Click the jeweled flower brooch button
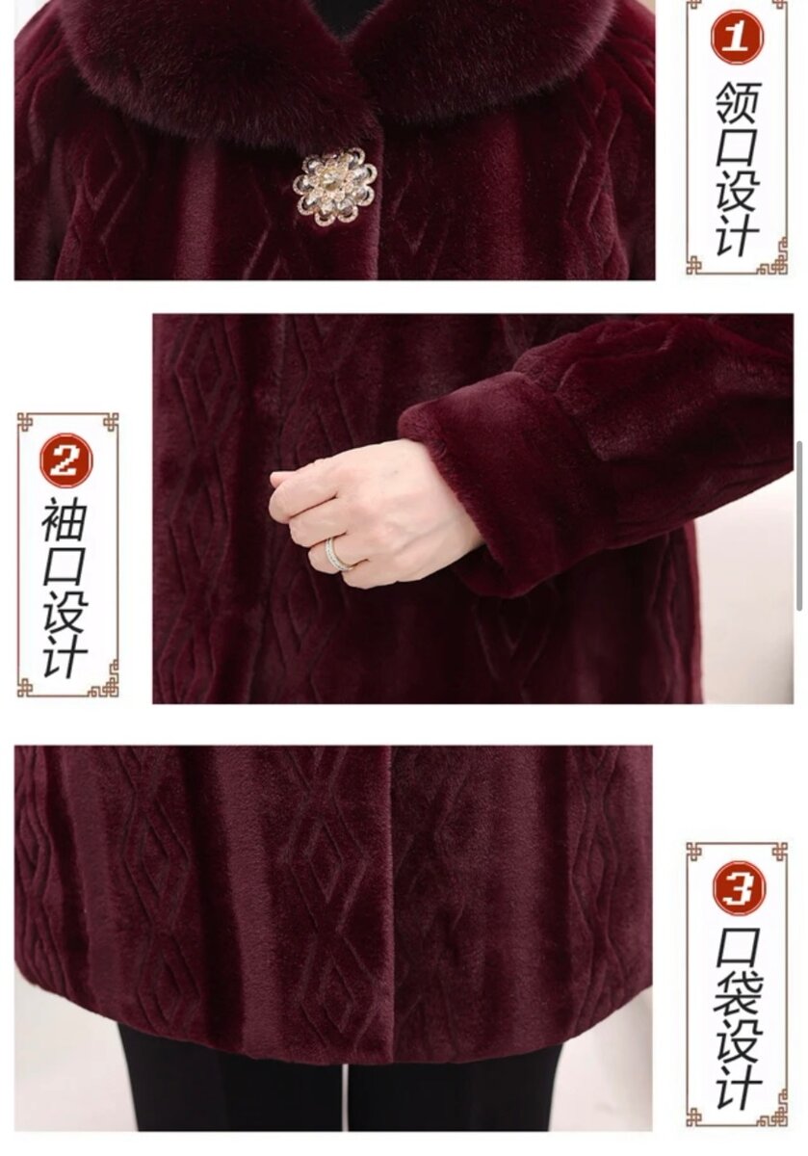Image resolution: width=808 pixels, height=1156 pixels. (334, 186)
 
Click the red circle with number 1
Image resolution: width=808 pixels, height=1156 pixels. (737, 38)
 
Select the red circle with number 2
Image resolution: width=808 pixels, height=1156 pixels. (66, 460)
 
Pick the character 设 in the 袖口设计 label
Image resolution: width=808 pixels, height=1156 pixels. (65, 611)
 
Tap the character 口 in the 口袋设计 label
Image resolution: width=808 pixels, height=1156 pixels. (739, 951)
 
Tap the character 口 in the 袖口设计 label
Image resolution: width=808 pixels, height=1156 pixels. (65, 565)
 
